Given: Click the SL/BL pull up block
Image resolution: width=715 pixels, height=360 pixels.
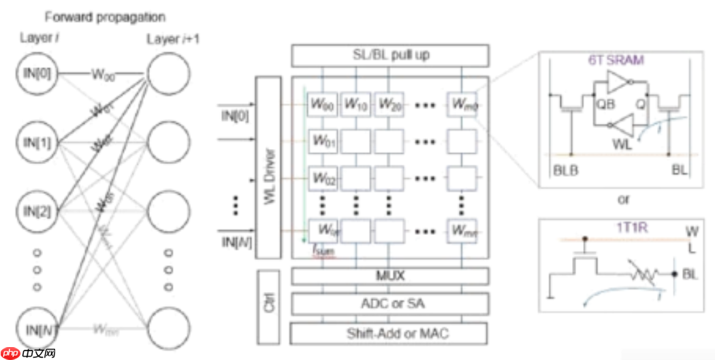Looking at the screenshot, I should click(x=390, y=54).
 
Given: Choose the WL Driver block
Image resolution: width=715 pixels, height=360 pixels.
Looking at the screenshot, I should click(x=268, y=167).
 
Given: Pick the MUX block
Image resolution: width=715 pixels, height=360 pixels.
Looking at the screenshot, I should click(x=390, y=276).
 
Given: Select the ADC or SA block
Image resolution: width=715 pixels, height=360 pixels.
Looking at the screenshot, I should click(x=390, y=304).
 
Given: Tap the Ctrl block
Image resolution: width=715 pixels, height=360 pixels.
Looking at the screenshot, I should click(x=268, y=306).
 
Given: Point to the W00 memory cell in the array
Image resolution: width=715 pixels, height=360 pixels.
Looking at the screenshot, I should click(x=323, y=105).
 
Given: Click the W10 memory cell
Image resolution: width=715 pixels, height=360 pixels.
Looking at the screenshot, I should click(x=355, y=105).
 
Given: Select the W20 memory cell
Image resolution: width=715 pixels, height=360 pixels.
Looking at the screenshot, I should click(x=390, y=105).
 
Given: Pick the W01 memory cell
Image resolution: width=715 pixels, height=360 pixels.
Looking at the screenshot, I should click(x=323, y=142).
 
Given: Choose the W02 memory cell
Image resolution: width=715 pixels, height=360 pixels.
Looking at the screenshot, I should click(x=323, y=178).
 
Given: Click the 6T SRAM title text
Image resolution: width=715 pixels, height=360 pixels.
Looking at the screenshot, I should click(x=616, y=60).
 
